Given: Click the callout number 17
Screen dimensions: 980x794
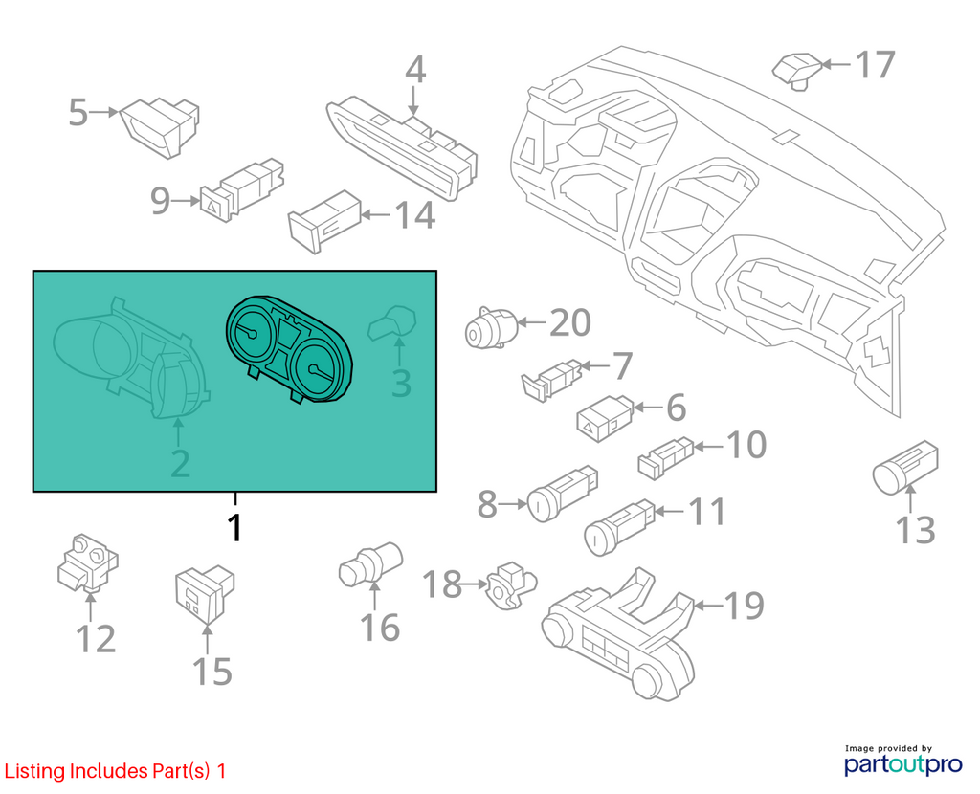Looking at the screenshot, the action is (875, 64).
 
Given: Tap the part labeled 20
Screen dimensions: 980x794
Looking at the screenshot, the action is (491, 328).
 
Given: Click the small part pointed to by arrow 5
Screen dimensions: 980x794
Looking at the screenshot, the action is (160, 127).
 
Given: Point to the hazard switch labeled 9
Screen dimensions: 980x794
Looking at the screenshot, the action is (241, 189).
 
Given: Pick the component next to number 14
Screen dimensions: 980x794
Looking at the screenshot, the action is (324, 221).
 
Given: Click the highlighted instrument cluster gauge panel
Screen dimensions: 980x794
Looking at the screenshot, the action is (289, 348).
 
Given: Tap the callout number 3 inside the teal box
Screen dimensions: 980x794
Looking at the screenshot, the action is (401, 383).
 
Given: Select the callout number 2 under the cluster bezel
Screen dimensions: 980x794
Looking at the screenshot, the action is (180, 464).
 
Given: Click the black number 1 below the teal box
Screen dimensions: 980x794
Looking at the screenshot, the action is (235, 528).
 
